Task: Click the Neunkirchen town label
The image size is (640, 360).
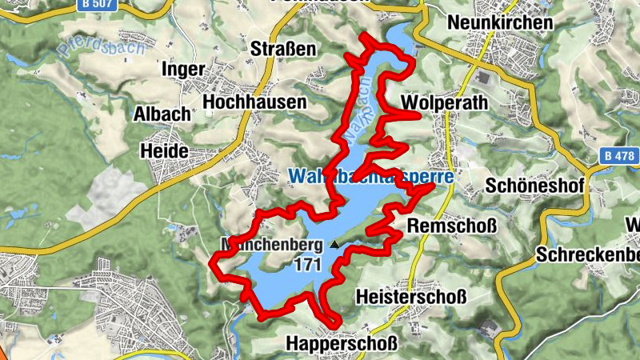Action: (x=501, y=22)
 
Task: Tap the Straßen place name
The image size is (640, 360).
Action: (x=284, y=49)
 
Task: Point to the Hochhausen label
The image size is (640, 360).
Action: (x=255, y=102)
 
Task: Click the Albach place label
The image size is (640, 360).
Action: (x=162, y=113)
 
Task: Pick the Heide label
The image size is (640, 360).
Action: (x=163, y=150)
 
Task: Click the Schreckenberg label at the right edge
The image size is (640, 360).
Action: (x=588, y=255)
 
